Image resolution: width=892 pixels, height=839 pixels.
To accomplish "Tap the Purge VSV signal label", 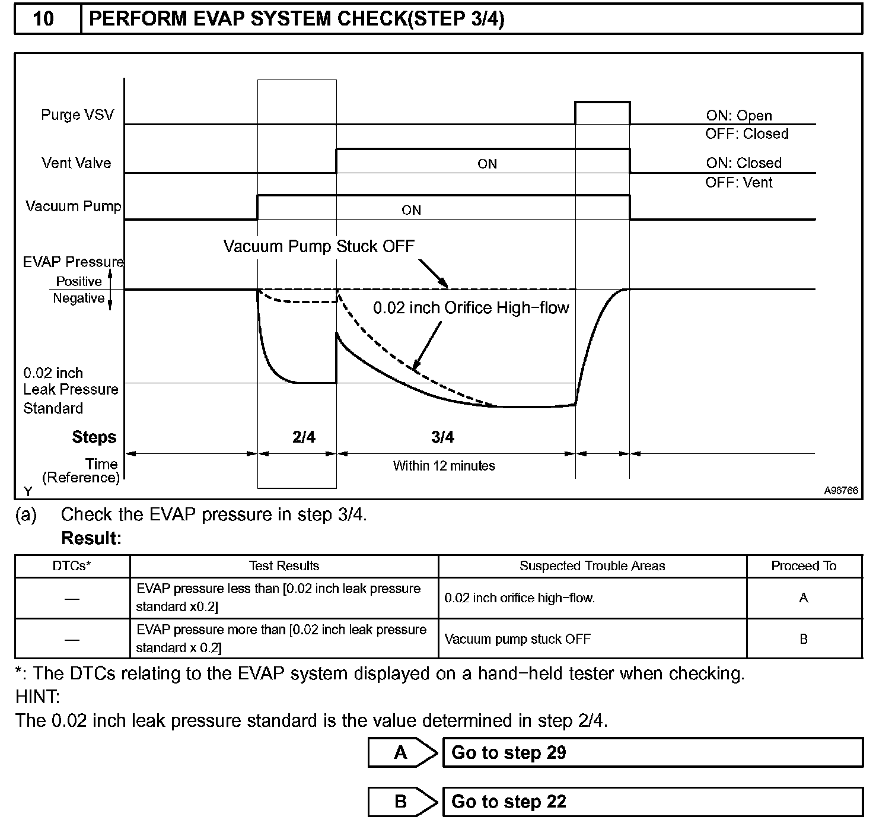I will coord(77,115).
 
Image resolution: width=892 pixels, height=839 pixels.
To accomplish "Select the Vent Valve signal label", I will coord(76,163).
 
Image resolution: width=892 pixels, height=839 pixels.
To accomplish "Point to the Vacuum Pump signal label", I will coord(73,206).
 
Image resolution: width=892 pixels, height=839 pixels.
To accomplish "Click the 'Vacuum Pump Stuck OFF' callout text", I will coord(318,246).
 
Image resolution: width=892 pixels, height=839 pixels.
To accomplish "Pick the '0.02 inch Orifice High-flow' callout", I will coord(471,308).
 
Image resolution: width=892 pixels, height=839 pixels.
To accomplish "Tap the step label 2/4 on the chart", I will coord(304,437).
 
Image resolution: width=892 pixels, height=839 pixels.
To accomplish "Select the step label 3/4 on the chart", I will coord(442,437).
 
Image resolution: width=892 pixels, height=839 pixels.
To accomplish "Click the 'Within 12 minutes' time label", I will coord(444,466).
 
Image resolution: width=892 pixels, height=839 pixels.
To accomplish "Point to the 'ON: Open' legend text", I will coord(738,115).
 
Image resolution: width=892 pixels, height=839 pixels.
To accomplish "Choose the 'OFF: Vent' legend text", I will coord(738,183).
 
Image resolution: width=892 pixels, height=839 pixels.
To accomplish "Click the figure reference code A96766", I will coord(840,491).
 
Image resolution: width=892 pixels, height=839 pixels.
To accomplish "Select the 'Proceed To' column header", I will coord(804,566).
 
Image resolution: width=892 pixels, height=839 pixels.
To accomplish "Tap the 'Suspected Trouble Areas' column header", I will coord(592,566).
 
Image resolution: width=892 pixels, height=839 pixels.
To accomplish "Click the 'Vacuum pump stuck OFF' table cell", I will coord(517,639).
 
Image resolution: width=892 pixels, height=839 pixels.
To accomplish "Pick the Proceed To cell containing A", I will coord(804,598).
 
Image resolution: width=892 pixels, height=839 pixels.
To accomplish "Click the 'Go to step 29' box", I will coord(652,752).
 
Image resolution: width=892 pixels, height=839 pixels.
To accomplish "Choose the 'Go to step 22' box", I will coord(652,802).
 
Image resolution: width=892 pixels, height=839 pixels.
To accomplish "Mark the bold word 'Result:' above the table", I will coord(91,539).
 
